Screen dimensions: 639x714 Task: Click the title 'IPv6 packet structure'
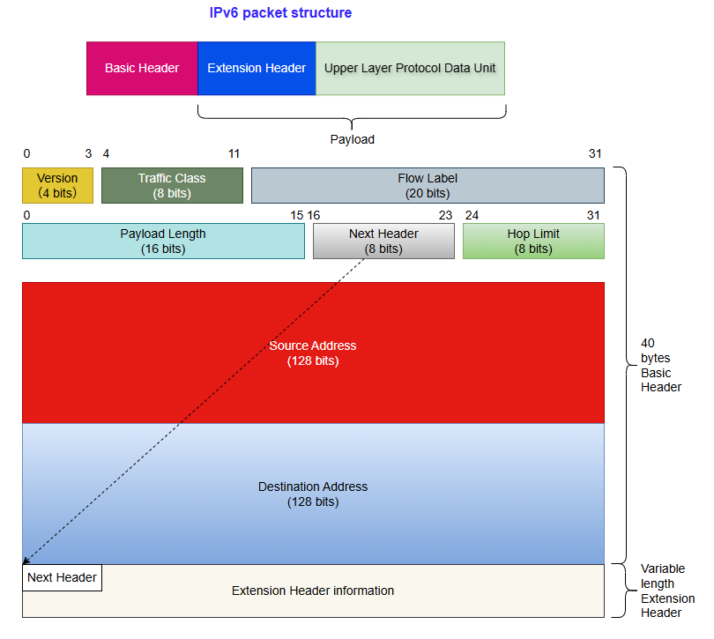(280, 13)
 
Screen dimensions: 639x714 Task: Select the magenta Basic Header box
(142, 68)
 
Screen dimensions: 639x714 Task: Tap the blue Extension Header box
(257, 68)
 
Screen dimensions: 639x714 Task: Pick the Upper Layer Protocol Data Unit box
(410, 68)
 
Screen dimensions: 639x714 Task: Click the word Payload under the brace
(352, 139)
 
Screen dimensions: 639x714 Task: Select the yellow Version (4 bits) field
(57, 185)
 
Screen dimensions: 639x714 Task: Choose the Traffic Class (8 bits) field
(172, 185)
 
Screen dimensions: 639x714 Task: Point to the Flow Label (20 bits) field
(428, 185)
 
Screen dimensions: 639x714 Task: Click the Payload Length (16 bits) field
(163, 241)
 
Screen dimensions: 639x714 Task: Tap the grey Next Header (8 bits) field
(383, 241)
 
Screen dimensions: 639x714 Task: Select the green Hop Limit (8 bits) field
(533, 241)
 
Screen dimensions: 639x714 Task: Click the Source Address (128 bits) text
(313, 353)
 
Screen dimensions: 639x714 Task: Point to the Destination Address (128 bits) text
(313, 494)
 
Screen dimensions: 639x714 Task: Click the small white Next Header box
(62, 577)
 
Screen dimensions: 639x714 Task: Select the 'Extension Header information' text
(313, 591)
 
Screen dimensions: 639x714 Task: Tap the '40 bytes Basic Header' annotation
(660, 365)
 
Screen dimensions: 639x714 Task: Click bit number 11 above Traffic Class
(234, 153)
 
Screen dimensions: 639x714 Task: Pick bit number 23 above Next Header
(445, 215)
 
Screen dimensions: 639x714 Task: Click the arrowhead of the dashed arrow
(26, 561)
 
